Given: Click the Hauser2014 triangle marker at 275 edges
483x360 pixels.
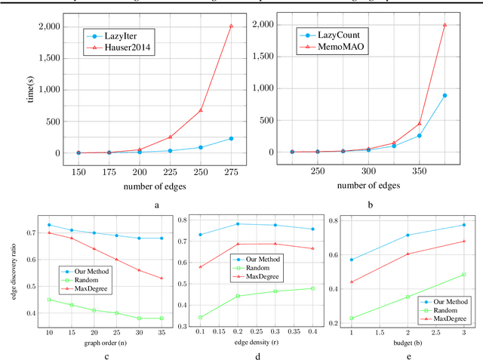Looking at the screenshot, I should tap(231, 26).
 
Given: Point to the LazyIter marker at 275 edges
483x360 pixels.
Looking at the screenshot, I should tap(231, 138).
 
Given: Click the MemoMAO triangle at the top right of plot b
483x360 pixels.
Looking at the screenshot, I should tap(445, 24).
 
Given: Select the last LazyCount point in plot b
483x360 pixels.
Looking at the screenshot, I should tap(445, 95).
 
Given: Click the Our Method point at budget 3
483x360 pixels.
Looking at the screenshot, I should tap(463, 225).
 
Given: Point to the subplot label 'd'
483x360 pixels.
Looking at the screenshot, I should tap(245, 357).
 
